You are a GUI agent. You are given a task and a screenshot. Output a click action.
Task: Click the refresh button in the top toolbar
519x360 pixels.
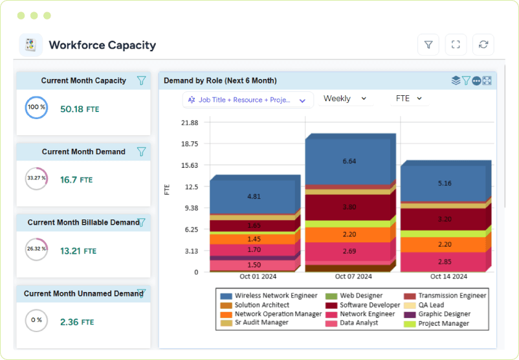tap(483, 45)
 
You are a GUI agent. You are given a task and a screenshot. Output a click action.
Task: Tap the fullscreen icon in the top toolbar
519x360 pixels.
tap(456, 45)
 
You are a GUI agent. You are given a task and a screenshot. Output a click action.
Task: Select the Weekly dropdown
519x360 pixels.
tap(345, 98)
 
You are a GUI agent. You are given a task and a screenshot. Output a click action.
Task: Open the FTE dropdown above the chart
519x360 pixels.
tap(409, 98)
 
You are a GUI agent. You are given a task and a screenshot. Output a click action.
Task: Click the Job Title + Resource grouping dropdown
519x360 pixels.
tap(248, 100)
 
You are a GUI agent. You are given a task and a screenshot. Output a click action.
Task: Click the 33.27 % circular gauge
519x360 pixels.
tap(36, 179)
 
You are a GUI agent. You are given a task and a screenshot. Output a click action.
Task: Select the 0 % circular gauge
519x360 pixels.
tap(36, 320)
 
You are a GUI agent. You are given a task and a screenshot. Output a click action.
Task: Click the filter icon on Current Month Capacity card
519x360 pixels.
tap(141, 81)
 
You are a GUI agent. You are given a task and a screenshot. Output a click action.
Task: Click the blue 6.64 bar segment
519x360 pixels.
tap(349, 161)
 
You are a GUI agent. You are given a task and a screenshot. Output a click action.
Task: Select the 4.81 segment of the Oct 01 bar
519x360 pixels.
tap(254, 196)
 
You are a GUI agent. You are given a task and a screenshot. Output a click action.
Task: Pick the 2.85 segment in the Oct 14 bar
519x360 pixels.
tap(444, 262)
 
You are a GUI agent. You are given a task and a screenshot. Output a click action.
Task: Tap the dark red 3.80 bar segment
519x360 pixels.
tap(349, 207)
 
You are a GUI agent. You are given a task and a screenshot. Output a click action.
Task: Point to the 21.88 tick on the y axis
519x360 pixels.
tap(190, 123)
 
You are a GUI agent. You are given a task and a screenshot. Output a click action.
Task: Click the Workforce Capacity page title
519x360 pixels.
tap(102, 45)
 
